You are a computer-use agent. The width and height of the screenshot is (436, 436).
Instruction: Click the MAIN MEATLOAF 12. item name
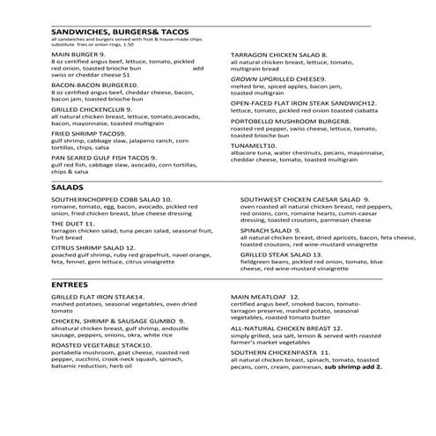[268, 297]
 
